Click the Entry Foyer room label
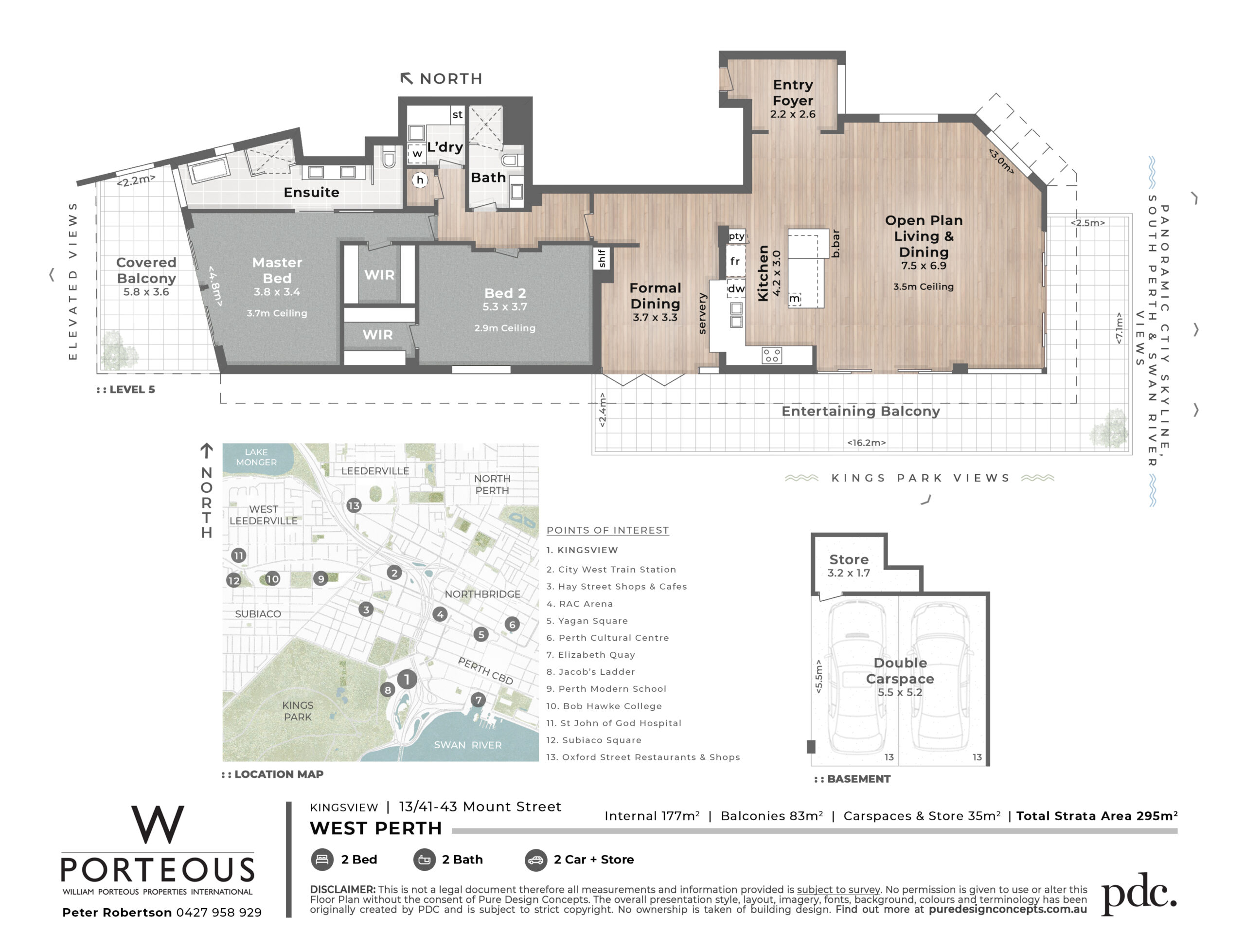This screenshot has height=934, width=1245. coord(793,93)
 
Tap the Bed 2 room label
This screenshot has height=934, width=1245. coord(505,293)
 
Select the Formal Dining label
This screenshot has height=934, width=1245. coord(655,296)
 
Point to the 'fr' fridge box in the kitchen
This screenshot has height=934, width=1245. coord(735,261)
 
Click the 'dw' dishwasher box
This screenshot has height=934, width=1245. coord(736,289)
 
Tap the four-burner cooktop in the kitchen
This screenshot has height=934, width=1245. coord(772,355)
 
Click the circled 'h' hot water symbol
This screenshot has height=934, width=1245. coord(419,180)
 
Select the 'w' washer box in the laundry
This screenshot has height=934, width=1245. coord(417,153)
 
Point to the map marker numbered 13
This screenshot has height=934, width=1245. coord(354,505)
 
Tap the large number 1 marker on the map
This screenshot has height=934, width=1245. coord(407,680)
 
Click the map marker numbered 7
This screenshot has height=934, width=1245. coord(478,700)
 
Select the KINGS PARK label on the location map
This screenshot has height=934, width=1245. coord(298,711)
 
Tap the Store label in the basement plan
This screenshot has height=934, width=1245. coord(849,559)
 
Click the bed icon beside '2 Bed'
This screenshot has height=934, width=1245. coord(322,860)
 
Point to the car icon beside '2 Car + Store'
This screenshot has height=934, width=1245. coord(536,860)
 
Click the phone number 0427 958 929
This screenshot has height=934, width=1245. coord(219,913)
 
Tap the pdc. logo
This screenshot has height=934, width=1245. coord(1138,894)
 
